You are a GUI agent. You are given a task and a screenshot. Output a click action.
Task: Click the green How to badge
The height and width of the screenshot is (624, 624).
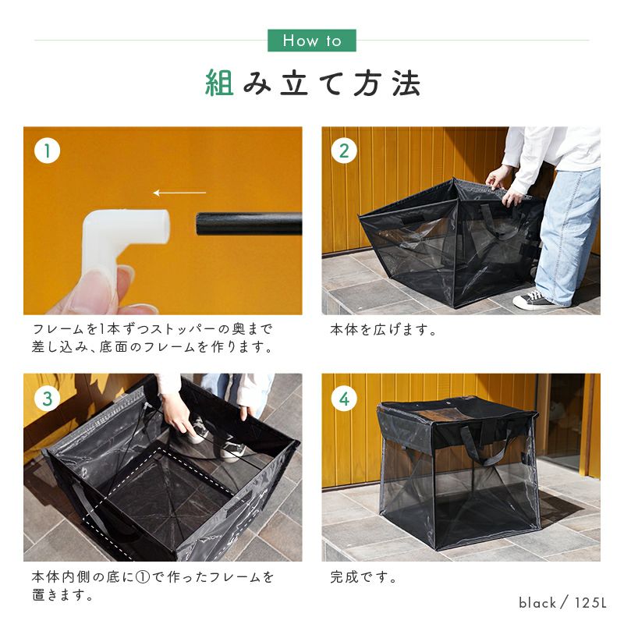(311, 41)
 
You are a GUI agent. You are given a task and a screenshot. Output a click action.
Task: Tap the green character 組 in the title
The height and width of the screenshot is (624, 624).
(219, 83)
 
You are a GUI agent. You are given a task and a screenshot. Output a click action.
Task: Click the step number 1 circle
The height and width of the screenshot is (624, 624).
(48, 151)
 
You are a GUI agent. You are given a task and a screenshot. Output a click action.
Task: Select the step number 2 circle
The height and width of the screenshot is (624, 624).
(344, 151)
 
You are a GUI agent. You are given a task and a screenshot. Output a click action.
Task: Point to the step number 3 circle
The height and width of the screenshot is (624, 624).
(48, 399)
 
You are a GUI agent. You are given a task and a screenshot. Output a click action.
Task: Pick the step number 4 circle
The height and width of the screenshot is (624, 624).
(344, 399)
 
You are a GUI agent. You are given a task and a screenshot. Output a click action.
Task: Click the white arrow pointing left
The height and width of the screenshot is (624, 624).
(180, 193)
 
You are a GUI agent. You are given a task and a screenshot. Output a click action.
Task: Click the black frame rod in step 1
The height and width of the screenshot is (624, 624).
(249, 224)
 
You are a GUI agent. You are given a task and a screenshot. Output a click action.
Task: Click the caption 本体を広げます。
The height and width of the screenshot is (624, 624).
(383, 329)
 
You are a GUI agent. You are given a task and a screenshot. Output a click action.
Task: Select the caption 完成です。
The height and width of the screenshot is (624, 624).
(363, 576)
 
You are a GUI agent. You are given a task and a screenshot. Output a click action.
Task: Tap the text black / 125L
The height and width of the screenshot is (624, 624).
(562, 602)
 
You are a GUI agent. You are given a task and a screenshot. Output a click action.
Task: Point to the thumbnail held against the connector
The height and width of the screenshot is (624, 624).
(92, 286)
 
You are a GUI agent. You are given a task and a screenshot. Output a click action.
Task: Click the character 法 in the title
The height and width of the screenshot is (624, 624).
(406, 83)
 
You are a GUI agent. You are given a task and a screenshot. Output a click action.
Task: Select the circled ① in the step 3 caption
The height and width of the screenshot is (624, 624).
(143, 577)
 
